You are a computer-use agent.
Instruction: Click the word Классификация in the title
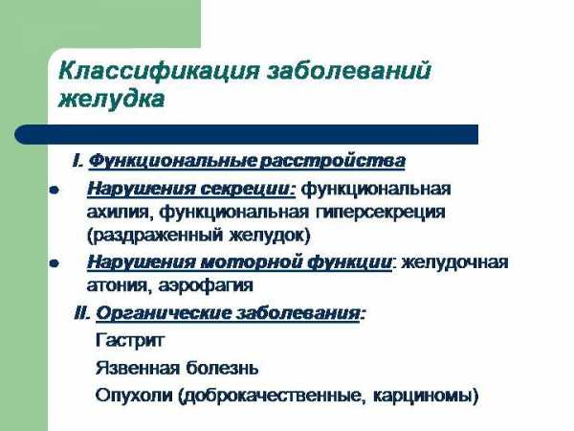click(x=159, y=71)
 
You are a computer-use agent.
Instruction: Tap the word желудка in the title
click(x=111, y=100)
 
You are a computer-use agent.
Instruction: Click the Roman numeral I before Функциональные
click(x=77, y=161)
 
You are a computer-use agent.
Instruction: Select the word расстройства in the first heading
click(x=332, y=162)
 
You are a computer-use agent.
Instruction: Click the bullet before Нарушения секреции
click(x=55, y=191)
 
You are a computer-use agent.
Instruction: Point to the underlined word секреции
click(x=248, y=190)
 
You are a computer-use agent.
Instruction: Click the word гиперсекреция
click(x=380, y=214)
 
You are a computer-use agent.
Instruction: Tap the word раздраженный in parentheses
click(x=155, y=236)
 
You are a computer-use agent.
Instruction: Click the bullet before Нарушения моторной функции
click(x=55, y=263)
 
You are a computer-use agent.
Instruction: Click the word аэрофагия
click(x=206, y=285)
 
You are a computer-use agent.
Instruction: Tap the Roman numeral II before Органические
click(x=82, y=314)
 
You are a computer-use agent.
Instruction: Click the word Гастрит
click(x=129, y=341)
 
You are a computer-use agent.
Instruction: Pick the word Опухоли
click(x=134, y=396)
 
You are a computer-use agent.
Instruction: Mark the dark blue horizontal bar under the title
click(x=247, y=134)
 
